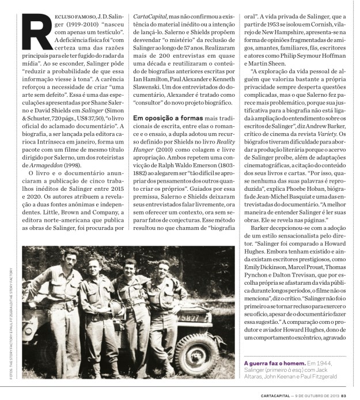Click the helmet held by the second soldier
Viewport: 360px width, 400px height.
coord(108,314)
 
